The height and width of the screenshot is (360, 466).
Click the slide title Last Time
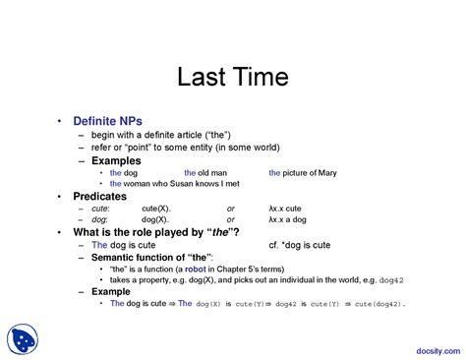[x=232, y=80]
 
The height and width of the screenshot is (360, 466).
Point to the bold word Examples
[x=116, y=160]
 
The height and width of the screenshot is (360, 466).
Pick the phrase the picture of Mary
[x=303, y=172]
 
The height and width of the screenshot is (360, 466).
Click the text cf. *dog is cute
[x=301, y=244]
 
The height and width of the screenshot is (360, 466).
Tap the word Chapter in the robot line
[x=249, y=269]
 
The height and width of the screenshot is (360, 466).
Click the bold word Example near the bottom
[x=111, y=292]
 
